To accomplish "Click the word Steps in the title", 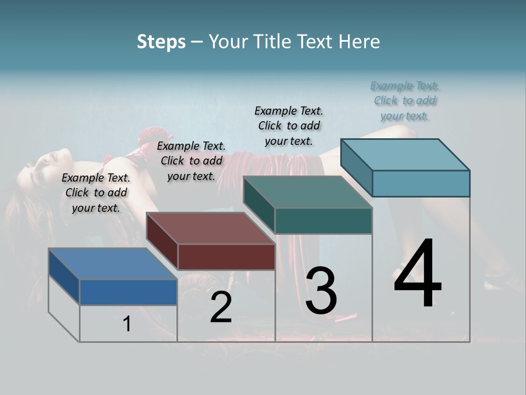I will [161, 42].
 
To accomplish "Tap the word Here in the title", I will [360, 42].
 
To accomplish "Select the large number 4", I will [418, 274].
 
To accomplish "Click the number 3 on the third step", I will [321, 291].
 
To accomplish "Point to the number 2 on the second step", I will [221, 307].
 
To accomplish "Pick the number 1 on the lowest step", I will [127, 324].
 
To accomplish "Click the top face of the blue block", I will [112, 264].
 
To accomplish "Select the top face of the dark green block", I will [307, 192].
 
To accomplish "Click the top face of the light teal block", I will [405, 155].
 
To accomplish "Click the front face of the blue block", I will [128, 292].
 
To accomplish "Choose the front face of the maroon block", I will [226, 257].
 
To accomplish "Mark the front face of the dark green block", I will [323, 221].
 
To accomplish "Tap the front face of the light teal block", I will [421, 183].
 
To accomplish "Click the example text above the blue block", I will [96, 193].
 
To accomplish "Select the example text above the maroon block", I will [191, 161].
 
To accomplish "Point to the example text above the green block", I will [289, 126].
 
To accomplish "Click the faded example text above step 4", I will [405, 100].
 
